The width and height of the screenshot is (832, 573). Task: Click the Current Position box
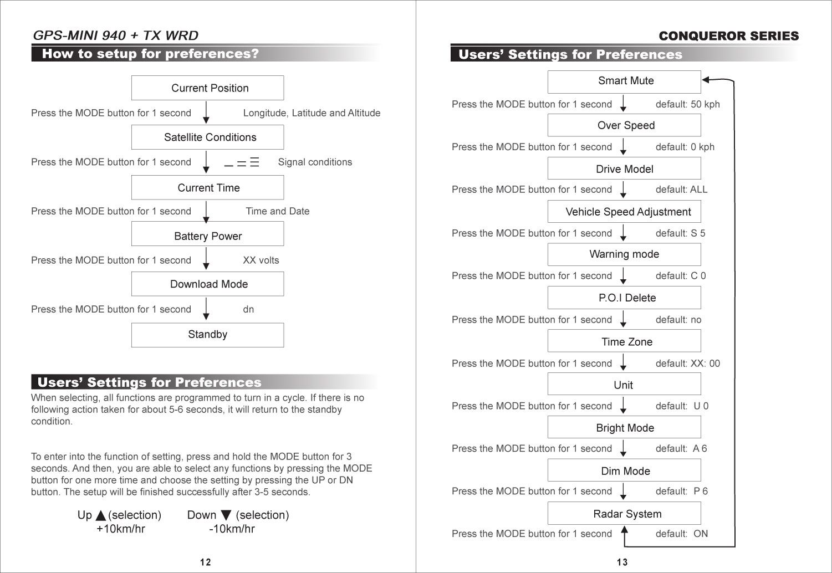(207, 88)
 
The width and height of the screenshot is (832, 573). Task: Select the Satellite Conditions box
(207, 137)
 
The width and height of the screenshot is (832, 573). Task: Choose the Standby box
(207, 335)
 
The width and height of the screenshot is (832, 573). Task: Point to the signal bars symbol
(242, 162)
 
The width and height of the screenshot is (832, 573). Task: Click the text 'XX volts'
(261, 260)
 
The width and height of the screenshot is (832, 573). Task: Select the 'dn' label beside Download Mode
(248, 309)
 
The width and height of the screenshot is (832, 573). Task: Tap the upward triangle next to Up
(101, 516)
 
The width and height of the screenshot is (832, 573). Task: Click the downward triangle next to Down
(226, 515)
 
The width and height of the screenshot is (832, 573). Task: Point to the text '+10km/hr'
(121, 529)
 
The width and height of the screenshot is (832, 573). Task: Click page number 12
(206, 562)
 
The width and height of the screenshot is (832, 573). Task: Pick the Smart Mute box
(624, 81)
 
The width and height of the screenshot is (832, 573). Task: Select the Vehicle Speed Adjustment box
(624, 212)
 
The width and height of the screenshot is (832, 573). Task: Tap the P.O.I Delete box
(624, 298)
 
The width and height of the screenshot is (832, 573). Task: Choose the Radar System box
(624, 514)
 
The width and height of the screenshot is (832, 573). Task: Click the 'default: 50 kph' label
(687, 104)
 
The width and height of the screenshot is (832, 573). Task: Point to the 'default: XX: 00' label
(687, 364)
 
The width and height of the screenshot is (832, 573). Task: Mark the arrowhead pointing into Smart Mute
(706, 80)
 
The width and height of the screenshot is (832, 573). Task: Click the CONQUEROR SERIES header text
(728, 36)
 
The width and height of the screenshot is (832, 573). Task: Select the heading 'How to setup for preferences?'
(150, 54)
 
